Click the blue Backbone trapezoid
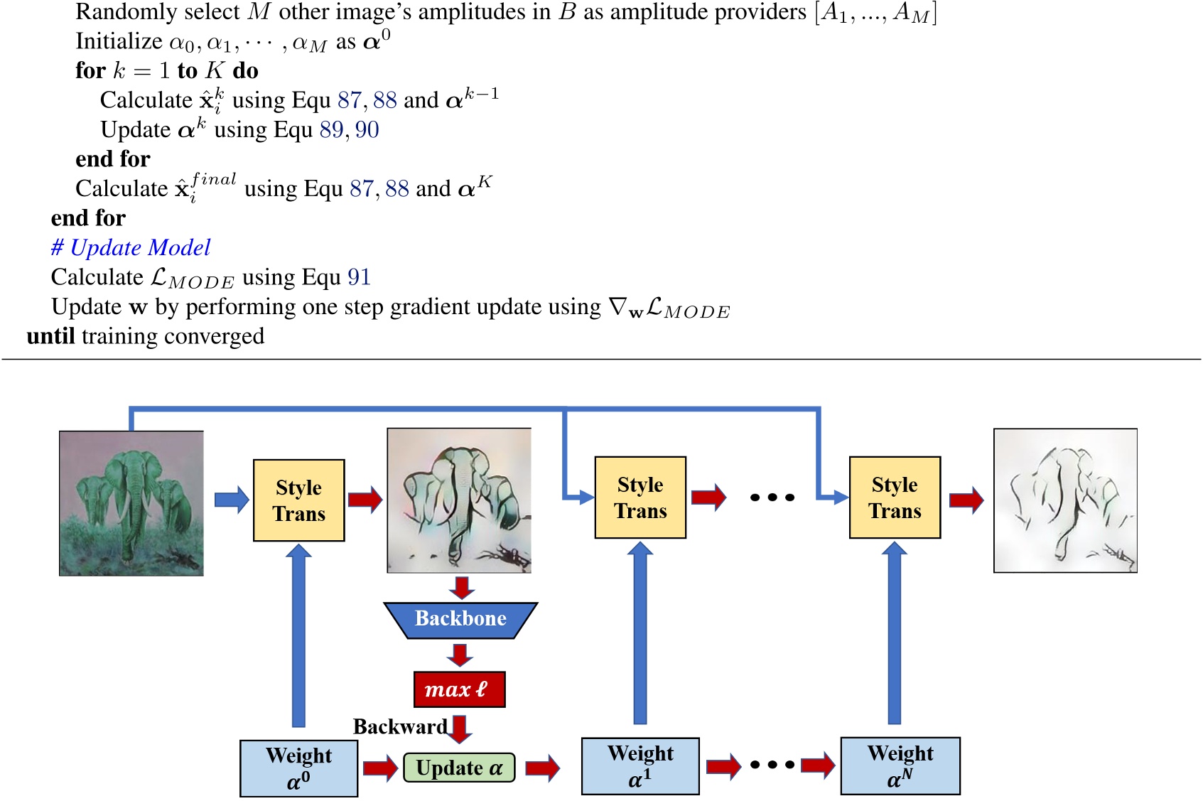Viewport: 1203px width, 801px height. [x=460, y=620]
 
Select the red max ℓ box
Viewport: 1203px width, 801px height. [x=459, y=689]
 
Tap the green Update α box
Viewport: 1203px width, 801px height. [x=459, y=768]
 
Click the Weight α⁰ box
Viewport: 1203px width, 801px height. [x=298, y=768]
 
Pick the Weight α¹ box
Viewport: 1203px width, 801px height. [x=640, y=766]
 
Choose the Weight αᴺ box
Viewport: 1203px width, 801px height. [x=900, y=766]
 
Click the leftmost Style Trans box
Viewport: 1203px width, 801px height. [x=299, y=500]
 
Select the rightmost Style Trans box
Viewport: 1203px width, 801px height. [x=895, y=498]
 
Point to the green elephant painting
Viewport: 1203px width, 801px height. [x=131, y=503]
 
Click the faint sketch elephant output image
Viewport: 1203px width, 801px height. [x=1065, y=500]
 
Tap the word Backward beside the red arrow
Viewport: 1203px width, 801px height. [x=400, y=726]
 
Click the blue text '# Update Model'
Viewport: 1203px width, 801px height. [x=131, y=247]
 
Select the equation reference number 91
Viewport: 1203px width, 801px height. [x=359, y=277]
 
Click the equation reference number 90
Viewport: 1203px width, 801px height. [x=367, y=129]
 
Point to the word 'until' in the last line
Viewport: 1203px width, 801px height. [x=50, y=336]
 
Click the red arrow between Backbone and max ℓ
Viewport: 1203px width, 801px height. [x=460, y=655]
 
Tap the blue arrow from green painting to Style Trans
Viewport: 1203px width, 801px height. [x=231, y=500]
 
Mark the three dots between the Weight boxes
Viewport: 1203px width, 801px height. [x=772, y=765]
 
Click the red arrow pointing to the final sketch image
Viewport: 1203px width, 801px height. [x=966, y=500]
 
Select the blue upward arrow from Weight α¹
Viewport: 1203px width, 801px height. [x=640, y=633]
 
